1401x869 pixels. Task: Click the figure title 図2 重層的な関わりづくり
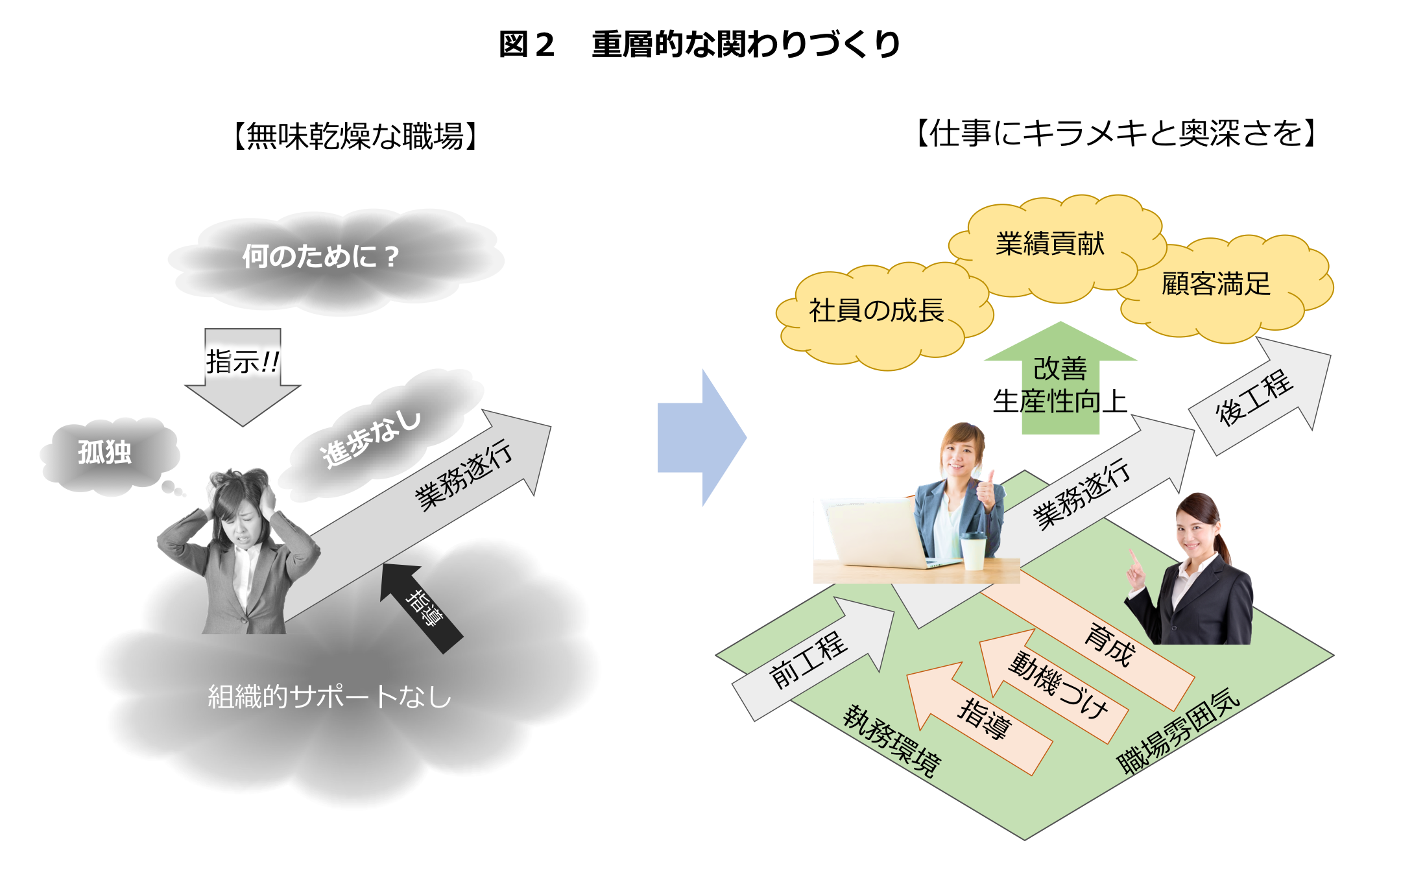699,44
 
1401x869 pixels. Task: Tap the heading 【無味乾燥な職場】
355,136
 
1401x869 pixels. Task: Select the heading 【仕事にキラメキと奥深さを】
1116,134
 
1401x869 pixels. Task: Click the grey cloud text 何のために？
320,257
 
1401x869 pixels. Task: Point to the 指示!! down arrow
243,370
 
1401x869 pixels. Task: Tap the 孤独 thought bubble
105,452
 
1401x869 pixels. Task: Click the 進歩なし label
371,439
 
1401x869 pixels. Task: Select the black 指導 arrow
420,606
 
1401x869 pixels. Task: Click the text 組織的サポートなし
329,697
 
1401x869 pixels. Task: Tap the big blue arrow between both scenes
700,438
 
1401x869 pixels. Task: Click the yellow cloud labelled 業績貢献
1051,244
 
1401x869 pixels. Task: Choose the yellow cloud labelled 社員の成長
876,311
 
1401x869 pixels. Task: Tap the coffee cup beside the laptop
973,551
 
